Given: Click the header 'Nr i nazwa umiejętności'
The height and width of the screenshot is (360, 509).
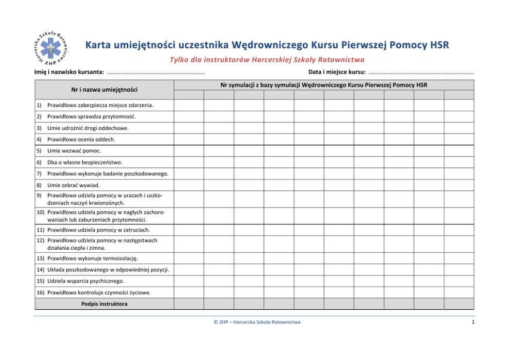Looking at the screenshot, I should pyautogui.click(x=104, y=90).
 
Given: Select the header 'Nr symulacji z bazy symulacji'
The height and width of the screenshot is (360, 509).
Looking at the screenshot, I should pyautogui.click(x=324, y=85).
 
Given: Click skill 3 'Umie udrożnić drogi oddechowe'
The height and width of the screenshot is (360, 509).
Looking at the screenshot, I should pyautogui.click(x=87, y=128).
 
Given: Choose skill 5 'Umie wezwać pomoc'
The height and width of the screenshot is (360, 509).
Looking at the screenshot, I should pyautogui.click(x=74, y=151).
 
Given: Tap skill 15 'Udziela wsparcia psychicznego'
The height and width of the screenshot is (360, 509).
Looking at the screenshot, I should pyautogui.click(x=85, y=281).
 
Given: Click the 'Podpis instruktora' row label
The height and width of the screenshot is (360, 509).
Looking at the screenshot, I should pyautogui.click(x=104, y=304).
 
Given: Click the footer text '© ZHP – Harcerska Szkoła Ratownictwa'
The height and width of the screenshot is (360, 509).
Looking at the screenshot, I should pyautogui.click(x=257, y=322).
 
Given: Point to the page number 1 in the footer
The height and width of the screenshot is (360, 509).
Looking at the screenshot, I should pyautogui.click(x=472, y=322).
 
